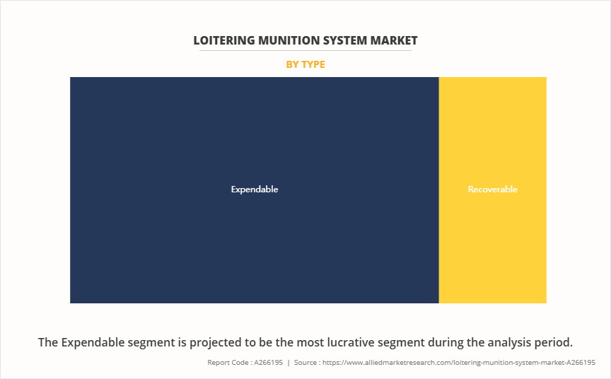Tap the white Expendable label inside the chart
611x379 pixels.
point(255,189)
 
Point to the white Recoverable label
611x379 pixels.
point(492,189)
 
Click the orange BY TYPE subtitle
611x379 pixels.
point(305,64)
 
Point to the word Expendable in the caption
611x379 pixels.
point(95,342)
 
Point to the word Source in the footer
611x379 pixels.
point(309,362)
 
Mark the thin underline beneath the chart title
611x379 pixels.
point(305,50)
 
